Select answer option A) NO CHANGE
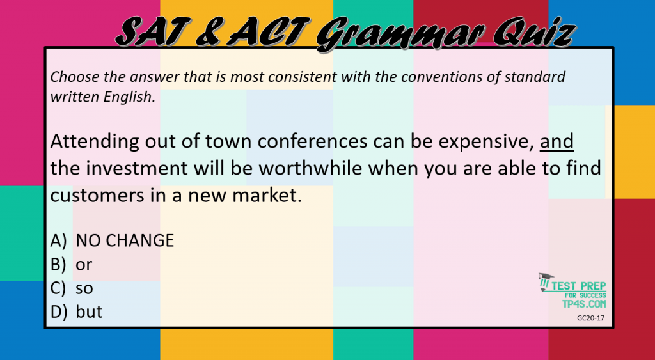(113, 240)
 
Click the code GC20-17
(590, 317)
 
